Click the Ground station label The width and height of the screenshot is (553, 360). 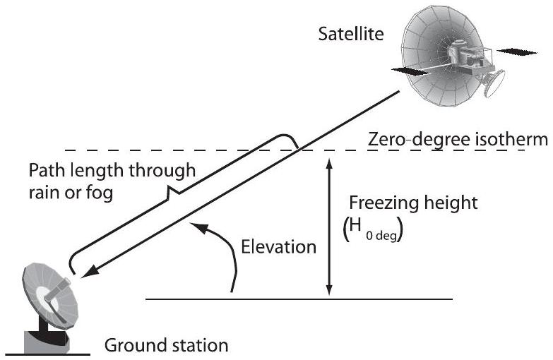point(167,346)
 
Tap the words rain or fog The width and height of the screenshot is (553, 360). point(69,192)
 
